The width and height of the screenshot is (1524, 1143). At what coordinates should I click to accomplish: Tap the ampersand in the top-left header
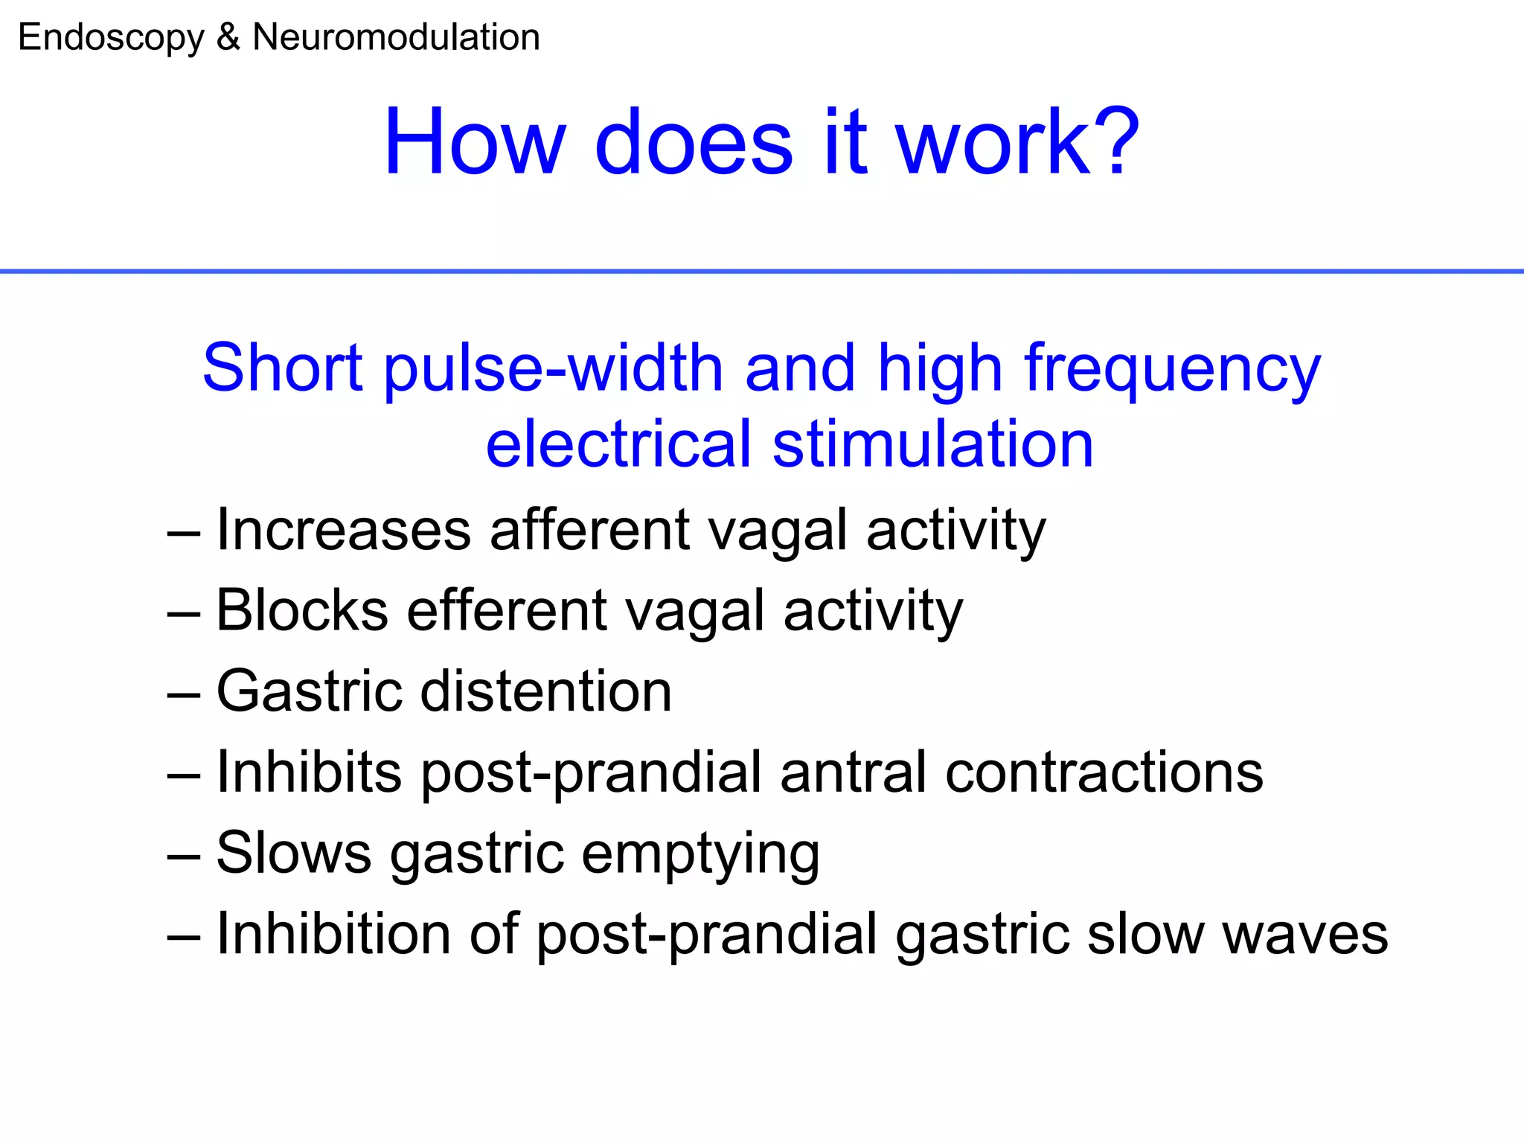click(x=228, y=37)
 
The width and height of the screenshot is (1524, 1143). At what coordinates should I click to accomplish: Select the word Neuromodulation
click(x=396, y=37)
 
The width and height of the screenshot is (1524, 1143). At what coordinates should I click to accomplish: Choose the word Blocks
click(x=302, y=610)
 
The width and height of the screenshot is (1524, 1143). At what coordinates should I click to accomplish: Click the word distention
click(x=546, y=691)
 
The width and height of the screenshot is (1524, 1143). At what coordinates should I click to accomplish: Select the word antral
click(x=854, y=772)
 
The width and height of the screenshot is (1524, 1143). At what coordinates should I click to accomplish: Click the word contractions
click(x=1104, y=772)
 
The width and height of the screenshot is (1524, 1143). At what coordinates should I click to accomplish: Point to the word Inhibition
click(x=333, y=933)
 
